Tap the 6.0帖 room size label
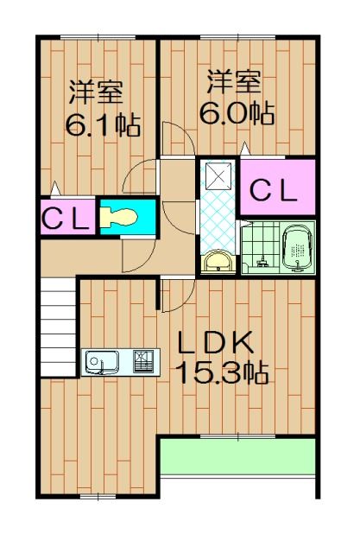(236, 113)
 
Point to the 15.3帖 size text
(221, 373)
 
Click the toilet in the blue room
(118, 216)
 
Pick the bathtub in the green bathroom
(296, 249)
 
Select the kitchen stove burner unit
(144, 362)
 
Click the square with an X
(218, 178)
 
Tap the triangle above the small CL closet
(56, 187)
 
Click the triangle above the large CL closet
(246, 149)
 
